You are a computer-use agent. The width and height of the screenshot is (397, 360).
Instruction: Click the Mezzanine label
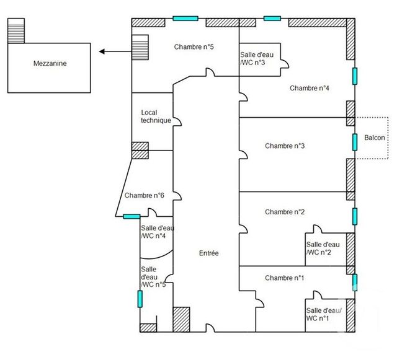51,63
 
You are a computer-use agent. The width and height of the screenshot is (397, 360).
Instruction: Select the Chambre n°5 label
194,47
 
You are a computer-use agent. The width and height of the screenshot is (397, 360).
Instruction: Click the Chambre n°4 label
309,88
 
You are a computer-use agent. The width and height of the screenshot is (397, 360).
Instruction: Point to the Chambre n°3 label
284,146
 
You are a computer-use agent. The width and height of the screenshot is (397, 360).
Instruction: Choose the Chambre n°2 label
284,212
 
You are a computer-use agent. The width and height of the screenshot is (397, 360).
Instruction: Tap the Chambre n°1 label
284,278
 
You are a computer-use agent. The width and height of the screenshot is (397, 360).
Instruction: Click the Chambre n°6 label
144,196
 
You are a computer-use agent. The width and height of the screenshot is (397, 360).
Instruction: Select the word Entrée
208,253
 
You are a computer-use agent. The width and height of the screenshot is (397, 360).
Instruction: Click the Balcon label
374,138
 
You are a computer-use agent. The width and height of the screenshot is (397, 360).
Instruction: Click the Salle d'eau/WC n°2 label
323,248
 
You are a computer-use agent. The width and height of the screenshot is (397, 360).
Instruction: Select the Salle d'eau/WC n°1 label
323,314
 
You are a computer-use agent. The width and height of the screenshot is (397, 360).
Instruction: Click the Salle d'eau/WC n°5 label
153,276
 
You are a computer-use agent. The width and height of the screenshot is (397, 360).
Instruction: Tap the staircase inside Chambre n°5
141,47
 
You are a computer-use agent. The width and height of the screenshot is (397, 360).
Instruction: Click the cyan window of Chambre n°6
131,216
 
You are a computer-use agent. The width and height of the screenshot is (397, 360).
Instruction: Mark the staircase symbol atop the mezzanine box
16,31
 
